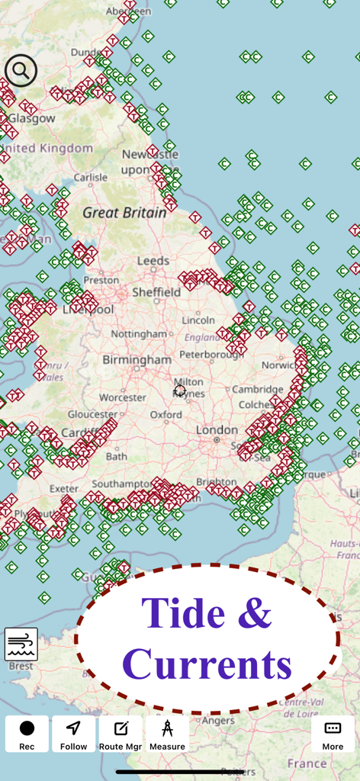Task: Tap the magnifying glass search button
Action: click(21, 71)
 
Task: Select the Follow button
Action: click(74, 734)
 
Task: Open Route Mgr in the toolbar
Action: click(121, 734)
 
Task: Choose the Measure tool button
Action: click(167, 734)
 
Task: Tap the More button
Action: click(333, 734)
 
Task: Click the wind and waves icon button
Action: click(21, 644)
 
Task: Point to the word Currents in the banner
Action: click(207, 664)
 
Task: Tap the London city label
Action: click(217, 430)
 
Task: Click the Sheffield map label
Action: click(156, 292)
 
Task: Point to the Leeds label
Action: click(153, 261)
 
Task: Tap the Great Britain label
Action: click(124, 213)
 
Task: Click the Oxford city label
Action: click(166, 415)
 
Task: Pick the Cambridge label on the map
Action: click(258, 389)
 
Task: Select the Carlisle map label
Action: click(90, 178)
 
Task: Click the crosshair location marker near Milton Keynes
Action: click(180, 391)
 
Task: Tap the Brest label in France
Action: click(21, 666)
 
